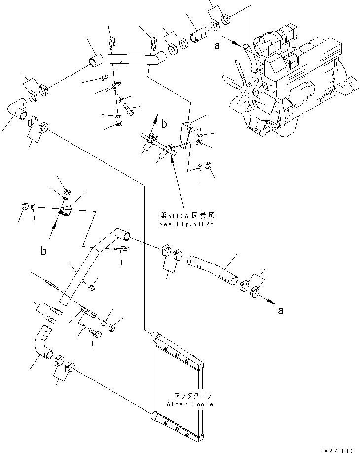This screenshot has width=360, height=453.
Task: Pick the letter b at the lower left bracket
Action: coord(44,251)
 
